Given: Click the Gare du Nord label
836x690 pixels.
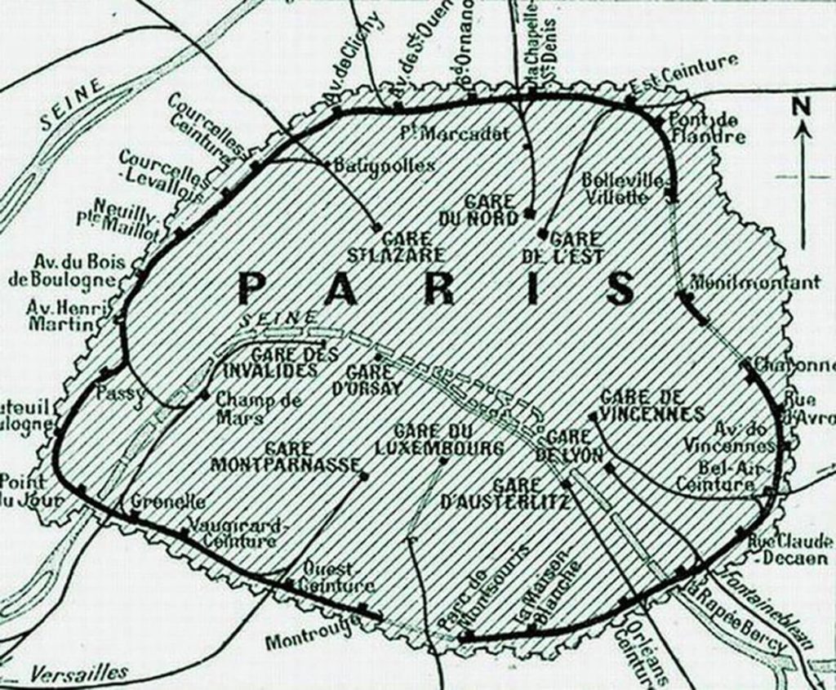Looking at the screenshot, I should (490, 210).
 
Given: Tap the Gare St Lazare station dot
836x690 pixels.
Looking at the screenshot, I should (377, 227).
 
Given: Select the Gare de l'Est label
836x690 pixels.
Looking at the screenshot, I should (563, 247).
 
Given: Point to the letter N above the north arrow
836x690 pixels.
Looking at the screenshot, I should (803, 105).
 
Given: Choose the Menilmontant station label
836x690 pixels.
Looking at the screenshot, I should (755, 283).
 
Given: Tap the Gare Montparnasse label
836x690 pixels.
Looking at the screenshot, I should (285, 456).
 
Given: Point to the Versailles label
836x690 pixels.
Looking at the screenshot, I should (79, 673).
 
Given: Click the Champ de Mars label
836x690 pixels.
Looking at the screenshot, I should (258, 408).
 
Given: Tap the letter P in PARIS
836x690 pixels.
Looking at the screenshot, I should (256, 288).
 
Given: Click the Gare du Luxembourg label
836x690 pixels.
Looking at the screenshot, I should (438, 439).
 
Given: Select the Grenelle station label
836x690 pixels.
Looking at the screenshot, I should (168, 502).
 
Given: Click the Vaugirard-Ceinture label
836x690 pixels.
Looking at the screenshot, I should (234, 532).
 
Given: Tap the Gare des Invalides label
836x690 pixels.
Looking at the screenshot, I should (270, 363).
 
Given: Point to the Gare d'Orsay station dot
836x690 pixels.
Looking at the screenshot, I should (377, 358).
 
